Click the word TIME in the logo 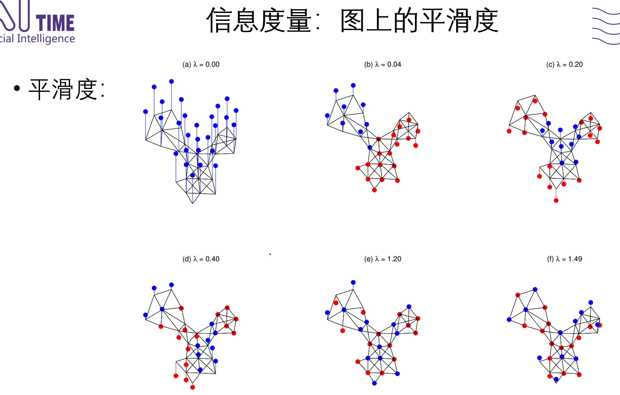55,23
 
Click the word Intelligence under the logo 46,39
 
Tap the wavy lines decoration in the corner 606,26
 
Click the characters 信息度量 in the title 259,20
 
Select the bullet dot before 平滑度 17,89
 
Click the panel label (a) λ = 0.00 201,64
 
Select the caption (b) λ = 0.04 383,64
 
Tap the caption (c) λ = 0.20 565,64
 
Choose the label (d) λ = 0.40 201,259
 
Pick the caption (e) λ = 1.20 383,259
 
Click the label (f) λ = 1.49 565,259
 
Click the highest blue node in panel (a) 171,81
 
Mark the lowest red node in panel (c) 556,200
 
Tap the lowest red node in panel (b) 374,190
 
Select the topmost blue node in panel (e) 353,283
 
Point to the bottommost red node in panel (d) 193,387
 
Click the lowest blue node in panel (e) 374,383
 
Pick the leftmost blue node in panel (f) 509,320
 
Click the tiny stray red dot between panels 270,254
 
